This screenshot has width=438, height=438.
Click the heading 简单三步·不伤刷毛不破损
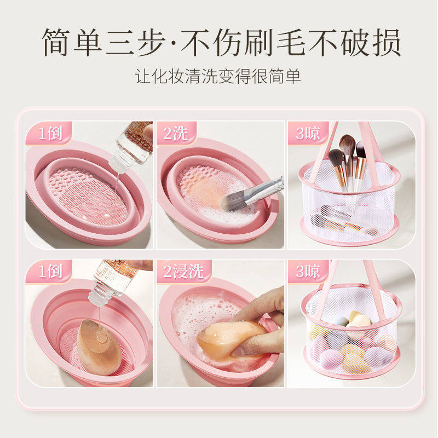pyautogui.click(x=219, y=42)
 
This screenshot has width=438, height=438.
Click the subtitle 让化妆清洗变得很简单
pyautogui.click(x=219, y=76)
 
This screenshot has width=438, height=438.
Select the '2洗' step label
pyautogui.click(x=176, y=133)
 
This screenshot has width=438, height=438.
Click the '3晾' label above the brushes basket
pyautogui.click(x=308, y=133)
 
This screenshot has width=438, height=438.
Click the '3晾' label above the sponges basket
pyautogui.click(x=308, y=270)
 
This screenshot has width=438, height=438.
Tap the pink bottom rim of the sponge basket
pyautogui.click(x=350, y=373)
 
